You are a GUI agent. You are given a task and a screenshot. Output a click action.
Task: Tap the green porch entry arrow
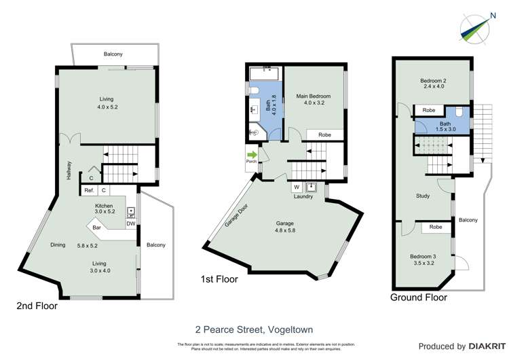click(x=251, y=154)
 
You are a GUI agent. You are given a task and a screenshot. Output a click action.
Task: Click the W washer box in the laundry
click(x=297, y=187)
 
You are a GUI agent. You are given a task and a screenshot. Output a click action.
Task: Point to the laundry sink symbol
click(x=312, y=187)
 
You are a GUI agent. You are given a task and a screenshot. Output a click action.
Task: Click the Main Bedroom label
click(x=312, y=96)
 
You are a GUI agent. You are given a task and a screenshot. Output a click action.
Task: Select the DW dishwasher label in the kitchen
click(x=130, y=223)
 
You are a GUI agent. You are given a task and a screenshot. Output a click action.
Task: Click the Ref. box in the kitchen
click(x=90, y=191)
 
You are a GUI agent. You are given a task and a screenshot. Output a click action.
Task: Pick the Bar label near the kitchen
click(x=96, y=227)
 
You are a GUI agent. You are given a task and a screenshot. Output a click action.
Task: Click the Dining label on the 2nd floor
click(x=58, y=245)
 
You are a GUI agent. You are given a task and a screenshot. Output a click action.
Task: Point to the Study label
click(x=423, y=196)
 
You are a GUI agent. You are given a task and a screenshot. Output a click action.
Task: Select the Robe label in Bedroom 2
click(x=428, y=111)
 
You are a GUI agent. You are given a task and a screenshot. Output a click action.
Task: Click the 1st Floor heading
click(x=219, y=278)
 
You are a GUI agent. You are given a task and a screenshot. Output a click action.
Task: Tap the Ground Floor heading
click(x=419, y=298)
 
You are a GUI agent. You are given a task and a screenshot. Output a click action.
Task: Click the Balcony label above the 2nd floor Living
click(x=113, y=54)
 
